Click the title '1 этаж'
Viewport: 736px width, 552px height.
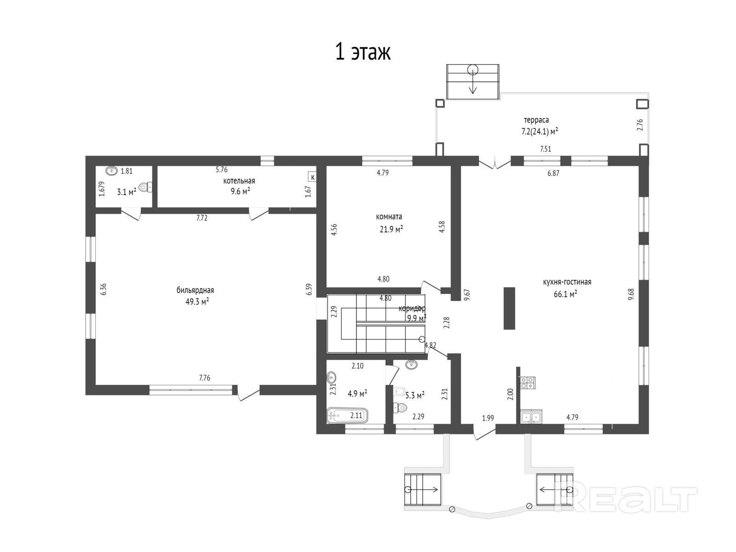(x=363, y=52)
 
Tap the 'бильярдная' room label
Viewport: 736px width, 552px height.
(x=195, y=290)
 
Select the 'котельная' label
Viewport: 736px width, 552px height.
(x=239, y=181)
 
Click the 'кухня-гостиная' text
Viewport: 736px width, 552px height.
(x=567, y=282)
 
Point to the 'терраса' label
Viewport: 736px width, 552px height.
(x=536, y=120)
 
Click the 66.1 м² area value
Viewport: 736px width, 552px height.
(x=565, y=294)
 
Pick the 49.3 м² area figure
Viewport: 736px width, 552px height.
(x=197, y=302)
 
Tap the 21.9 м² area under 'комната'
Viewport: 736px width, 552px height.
(x=391, y=229)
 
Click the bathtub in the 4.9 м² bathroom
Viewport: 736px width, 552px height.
(x=347, y=415)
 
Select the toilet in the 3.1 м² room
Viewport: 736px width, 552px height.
(x=145, y=187)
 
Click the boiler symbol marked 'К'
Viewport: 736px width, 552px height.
(x=312, y=177)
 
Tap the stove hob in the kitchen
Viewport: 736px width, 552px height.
(x=528, y=383)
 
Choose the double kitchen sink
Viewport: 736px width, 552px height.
(x=531, y=417)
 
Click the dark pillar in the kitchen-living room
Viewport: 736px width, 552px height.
(x=509, y=308)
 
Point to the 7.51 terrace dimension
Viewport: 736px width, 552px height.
(x=546, y=149)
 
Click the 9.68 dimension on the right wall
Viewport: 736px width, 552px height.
(x=631, y=294)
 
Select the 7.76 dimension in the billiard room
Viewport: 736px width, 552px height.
(x=205, y=378)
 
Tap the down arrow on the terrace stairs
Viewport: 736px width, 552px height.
(x=473, y=81)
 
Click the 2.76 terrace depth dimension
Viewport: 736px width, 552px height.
(x=640, y=125)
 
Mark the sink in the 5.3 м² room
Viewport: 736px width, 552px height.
(x=411, y=364)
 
